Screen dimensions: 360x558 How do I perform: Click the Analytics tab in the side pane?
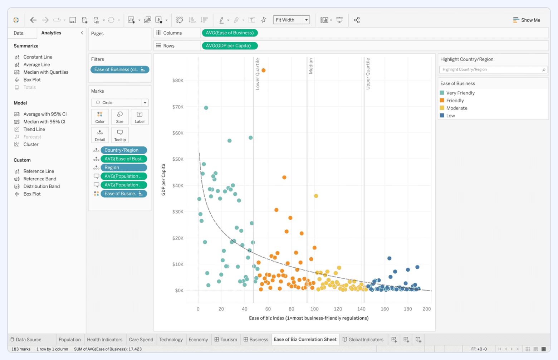pyautogui.click(x=51, y=33)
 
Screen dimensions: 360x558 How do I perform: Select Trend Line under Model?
pyautogui.click(x=34, y=129)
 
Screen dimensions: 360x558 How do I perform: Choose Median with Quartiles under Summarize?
pyautogui.click(x=45, y=72)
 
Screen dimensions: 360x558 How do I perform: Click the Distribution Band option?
pyautogui.click(x=41, y=186)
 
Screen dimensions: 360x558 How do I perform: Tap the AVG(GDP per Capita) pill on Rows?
pyautogui.click(x=229, y=46)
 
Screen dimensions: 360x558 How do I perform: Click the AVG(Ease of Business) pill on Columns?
pyautogui.click(x=230, y=33)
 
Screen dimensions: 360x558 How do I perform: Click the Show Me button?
pyautogui.click(x=527, y=20)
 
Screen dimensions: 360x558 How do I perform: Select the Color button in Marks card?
pyautogui.click(x=100, y=117)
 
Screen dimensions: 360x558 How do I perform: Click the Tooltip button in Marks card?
pyautogui.click(x=120, y=135)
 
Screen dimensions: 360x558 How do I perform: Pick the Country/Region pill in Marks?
pyautogui.click(x=123, y=150)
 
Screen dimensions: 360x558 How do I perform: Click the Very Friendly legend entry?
pyautogui.click(x=460, y=93)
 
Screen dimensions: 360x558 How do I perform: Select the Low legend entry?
pyautogui.click(x=450, y=116)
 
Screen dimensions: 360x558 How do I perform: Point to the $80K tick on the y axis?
pyautogui.click(x=178, y=81)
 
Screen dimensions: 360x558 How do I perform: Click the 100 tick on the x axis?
pyautogui.click(x=314, y=309)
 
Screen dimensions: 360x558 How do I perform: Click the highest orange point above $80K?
pyautogui.click(x=264, y=70)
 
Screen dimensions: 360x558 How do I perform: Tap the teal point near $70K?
pyautogui.click(x=206, y=108)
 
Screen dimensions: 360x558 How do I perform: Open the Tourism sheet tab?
pyautogui.click(x=226, y=340)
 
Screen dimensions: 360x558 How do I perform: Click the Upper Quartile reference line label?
pyautogui.click(x=368, y=74)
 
